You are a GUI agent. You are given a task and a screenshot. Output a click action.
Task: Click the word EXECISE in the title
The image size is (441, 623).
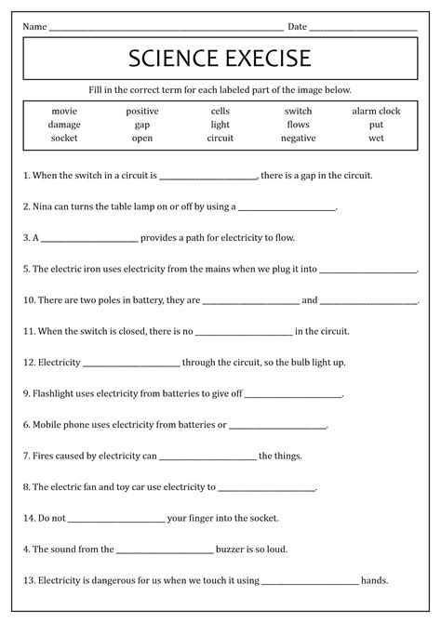263,60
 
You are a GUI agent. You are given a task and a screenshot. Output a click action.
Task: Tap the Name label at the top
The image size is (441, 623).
35,26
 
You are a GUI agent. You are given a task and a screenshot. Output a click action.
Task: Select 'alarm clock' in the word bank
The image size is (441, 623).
376,111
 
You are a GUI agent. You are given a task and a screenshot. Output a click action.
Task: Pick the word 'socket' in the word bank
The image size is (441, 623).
64,138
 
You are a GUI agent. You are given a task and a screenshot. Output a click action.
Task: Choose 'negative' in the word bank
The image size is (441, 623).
298,138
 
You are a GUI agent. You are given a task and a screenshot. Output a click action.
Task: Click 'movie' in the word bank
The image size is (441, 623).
64,111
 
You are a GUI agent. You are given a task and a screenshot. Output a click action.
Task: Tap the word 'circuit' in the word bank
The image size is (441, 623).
220,138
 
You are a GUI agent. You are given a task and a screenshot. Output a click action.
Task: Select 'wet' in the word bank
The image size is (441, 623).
376,138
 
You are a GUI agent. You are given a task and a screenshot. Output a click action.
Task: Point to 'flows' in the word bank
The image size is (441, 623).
298,124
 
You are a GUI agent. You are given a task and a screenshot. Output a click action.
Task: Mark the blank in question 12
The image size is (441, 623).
131,363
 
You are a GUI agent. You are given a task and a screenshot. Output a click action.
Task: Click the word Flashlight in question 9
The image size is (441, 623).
57,393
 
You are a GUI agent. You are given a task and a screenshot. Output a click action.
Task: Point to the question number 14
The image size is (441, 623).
29,518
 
